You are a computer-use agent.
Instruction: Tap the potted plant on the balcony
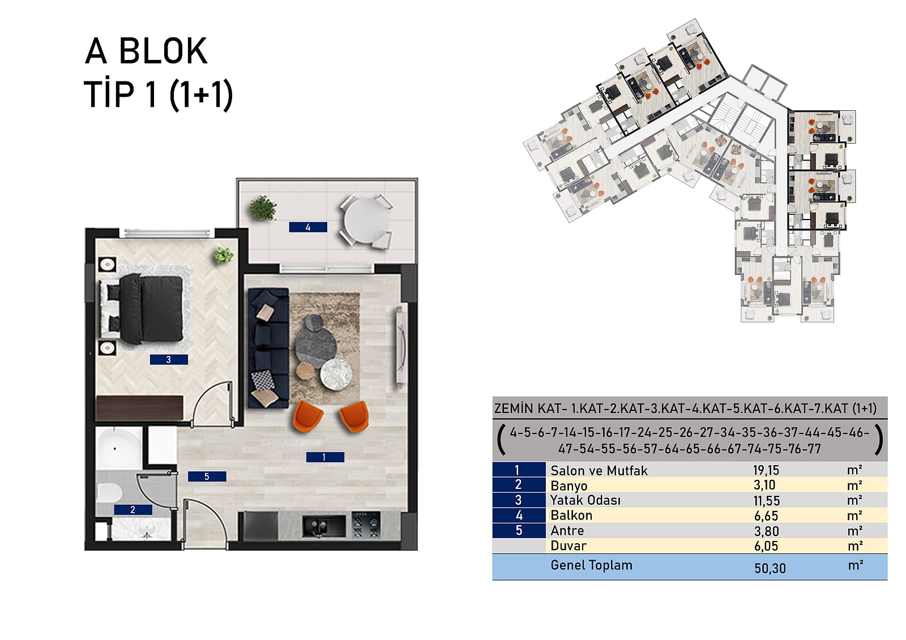263,209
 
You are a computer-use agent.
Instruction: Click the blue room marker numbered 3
169,359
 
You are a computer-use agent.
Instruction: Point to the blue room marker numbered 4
308,227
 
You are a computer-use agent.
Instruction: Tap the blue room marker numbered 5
207,476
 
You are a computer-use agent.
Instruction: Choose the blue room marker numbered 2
133,510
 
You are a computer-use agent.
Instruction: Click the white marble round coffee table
336,375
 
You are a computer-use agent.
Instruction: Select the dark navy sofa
268,347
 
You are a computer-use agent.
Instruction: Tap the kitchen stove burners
366,525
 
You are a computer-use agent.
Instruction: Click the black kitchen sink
324,526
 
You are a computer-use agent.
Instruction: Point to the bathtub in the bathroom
119,448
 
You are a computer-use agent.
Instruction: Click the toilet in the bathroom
109,493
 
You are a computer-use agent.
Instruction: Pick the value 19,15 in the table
766,470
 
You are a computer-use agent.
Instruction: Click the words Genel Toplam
591,565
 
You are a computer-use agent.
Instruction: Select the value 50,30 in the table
770,569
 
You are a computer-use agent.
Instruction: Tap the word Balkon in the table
571,516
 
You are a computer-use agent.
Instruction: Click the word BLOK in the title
164,51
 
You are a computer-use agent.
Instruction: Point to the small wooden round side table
305,370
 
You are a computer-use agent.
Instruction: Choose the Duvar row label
569,546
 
